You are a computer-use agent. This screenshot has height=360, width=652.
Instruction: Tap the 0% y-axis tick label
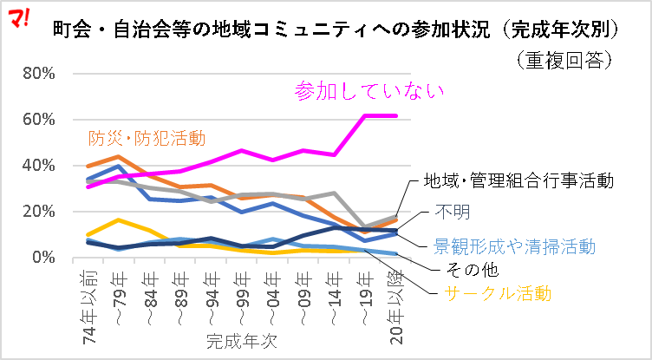[42, 258]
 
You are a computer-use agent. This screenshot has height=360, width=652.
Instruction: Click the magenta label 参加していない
[369, 90]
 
